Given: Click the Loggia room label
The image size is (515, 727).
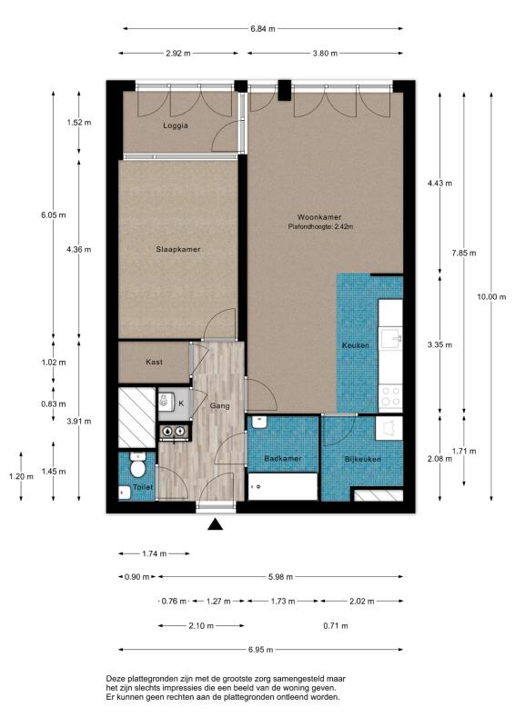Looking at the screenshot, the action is click(x=176, y=125).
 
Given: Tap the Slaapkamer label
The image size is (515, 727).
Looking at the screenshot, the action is click(x=178, y=249).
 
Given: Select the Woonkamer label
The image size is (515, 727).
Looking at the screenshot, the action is click(x=319, y=217).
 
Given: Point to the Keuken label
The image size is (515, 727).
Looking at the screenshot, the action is click(x=356, y=345).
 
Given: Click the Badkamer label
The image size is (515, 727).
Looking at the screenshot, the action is click(x=283, y=459).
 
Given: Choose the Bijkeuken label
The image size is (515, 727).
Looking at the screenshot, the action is click(x=363, y=460).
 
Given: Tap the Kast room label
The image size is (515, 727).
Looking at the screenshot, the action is click(x=154, y=362).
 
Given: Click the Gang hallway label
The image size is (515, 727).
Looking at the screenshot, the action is click(x=219, y=405).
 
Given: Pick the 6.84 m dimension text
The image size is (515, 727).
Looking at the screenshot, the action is click(x=263, y=29).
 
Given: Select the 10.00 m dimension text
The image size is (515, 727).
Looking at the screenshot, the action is click(x=491, y=297).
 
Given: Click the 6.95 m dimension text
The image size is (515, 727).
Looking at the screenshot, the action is click(x=260, y=650).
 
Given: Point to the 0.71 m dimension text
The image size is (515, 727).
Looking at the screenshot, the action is click(x=336, y=626).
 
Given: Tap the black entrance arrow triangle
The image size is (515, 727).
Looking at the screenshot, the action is click(x=215, y=524).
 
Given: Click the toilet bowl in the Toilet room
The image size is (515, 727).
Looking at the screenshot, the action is click(x=138, y=465).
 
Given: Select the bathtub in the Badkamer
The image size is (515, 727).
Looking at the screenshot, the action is click(x=283, y=486).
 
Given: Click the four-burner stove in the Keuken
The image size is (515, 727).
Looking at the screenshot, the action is click(x=390, y=396).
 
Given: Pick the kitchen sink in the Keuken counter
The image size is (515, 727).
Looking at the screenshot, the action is click(x=391, y=338).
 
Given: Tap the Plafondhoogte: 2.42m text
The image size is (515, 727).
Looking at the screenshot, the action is click(x=320, y=226).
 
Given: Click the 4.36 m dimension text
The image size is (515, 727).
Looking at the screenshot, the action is click(x=79, y=249).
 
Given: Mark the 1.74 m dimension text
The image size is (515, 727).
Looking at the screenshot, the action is click(x=154, y=553).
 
